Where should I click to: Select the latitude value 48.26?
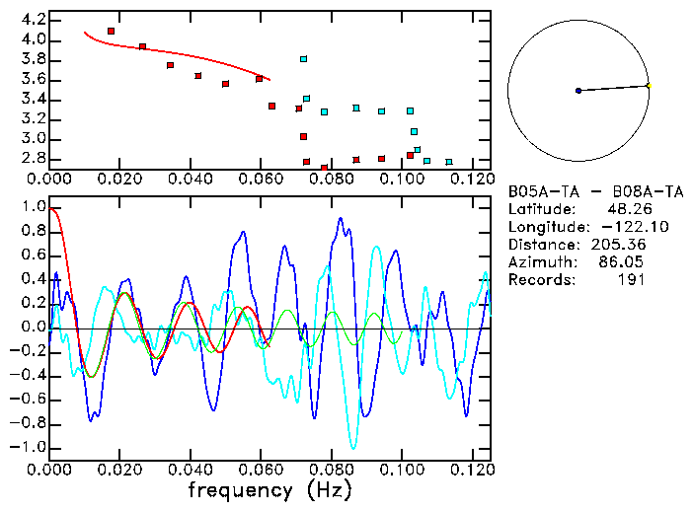coord(625,209)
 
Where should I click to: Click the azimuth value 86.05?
coord(625,262)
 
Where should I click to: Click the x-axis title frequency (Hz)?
coord(269,489)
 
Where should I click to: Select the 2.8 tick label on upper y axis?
coord(34,159)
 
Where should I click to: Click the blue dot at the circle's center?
coord(578,91)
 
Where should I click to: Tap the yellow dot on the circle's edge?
coord(649,86)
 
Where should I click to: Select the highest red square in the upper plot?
coord(111,32)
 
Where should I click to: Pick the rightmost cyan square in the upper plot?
coord(449,162)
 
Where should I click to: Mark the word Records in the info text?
coord(540,280)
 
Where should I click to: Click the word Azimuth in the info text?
coord(540,262)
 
